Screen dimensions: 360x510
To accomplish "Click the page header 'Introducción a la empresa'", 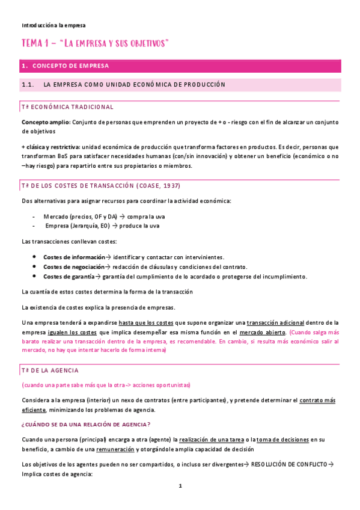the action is pyautogui.click(x=53, y=26).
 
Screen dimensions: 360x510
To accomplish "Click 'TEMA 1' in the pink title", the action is pyautogui.click(x=37, y=44).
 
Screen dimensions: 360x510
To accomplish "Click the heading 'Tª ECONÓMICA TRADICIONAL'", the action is pyautogui.click(x=67, y=107).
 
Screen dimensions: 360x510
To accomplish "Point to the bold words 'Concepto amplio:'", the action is pyautogui.click(x=46, y=122).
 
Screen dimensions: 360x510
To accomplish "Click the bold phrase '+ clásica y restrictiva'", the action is pyautogui.click(x=50, y=147).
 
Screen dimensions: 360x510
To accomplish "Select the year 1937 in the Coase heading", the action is pyautogui.click(x=169, y=185).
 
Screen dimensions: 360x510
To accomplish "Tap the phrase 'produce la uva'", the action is pyautogui.click(x=142, y=226).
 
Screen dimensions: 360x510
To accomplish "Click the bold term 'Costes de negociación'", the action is pyautogui.click(x=70, y=266).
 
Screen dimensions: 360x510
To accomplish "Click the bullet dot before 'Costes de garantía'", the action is pyautogui.click(x=34, y=277).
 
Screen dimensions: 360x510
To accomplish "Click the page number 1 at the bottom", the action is pyautogui.click(x=180, y=486).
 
